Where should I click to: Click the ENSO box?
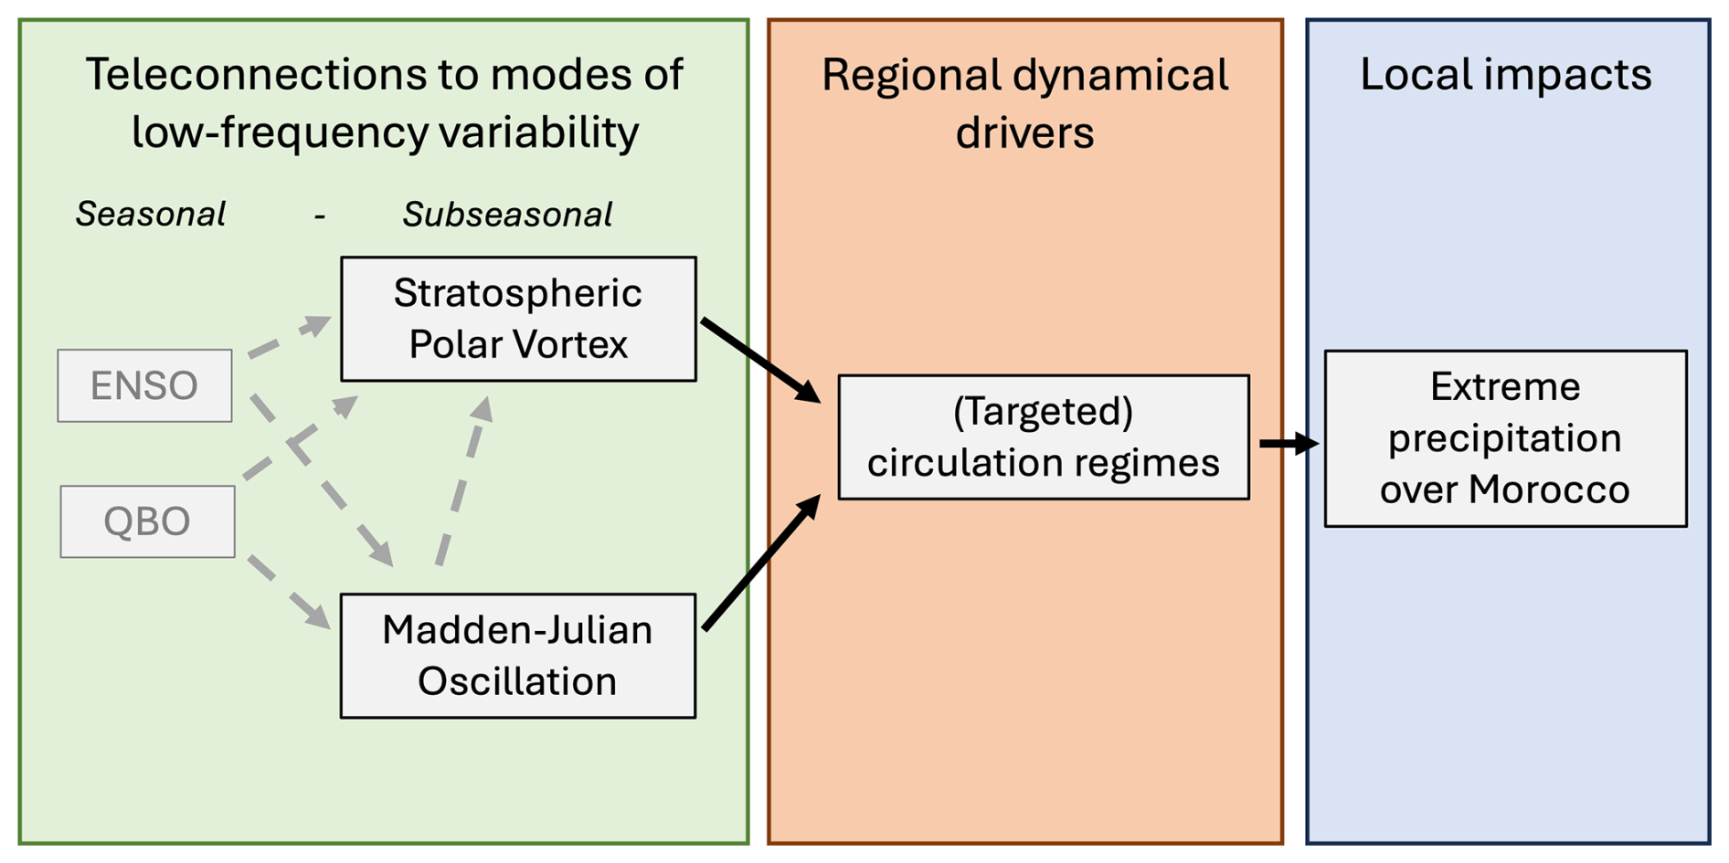click(144, 385)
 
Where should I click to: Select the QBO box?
click(147, 521)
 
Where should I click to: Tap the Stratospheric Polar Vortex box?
click(518, 319)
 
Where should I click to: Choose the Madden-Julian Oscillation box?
click(517, 656)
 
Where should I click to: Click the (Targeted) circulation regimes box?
click(1043, 437)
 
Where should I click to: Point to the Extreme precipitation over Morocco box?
click(1504, 438)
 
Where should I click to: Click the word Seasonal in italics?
click(150, 215)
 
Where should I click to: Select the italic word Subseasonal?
click(507, 215)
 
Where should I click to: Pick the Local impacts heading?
click(1505, 75)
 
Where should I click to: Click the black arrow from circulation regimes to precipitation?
click(1288, 444)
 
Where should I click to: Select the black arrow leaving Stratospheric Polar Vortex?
click(760, 360)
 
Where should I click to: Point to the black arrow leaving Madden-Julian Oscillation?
click(761, 563)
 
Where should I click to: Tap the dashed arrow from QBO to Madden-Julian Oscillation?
click(289, 592)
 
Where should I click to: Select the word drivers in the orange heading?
click(1024, 133)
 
